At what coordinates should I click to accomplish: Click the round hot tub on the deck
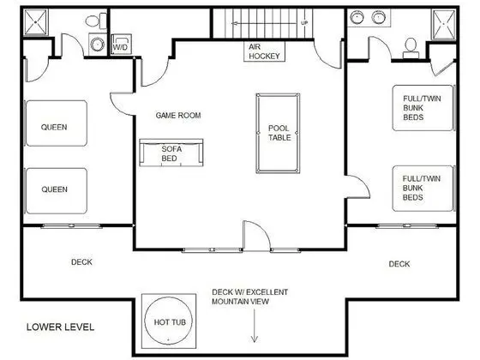point(169,321)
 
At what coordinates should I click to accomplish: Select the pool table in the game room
point(278,133)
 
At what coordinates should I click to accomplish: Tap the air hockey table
point(265,51)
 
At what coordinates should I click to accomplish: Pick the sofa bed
point(171,153)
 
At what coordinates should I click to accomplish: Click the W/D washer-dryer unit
point(121,44)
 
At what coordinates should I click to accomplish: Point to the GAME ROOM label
point(178,116)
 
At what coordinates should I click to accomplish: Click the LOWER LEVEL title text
point(60,327)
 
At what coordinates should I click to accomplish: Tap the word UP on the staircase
point(304,23)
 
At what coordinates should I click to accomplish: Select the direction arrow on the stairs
point(265,23)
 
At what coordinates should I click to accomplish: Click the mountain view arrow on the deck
point(254,326)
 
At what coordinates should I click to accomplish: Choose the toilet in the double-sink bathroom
point(411,48)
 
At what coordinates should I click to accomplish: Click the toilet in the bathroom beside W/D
point(96,21)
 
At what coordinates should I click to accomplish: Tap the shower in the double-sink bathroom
point(444,25)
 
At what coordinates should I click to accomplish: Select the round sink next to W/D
point(98,44)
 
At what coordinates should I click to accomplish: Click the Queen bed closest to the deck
point(57,190)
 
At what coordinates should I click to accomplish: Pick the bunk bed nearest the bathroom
point(423,108)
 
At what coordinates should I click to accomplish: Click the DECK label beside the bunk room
point(399,264)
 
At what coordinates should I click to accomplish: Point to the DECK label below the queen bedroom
point(81,262)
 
